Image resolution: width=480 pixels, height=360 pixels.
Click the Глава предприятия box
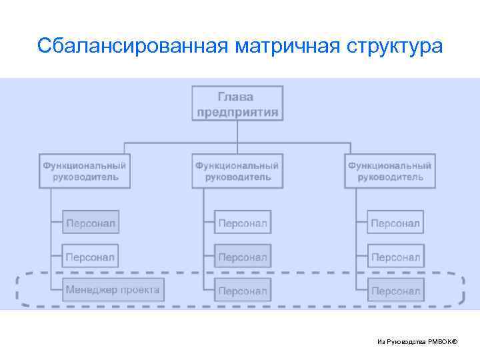tap(237, 103)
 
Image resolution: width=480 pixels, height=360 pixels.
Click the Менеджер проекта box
tap(113, 290)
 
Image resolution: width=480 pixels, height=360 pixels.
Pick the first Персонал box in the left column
tap(90, 223)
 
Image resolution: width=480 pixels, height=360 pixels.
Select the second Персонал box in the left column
tap(90, 257)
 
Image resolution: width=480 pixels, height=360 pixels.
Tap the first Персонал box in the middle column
tap(243, 223)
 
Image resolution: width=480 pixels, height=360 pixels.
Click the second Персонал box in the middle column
tap(243, 257)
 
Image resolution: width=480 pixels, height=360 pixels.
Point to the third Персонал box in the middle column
tap(243, 291)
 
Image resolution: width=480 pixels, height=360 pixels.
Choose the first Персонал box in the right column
tap(395, 223)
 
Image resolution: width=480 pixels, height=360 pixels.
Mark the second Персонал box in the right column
tap(395, 257)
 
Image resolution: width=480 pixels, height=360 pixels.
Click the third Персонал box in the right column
tap(395, 291)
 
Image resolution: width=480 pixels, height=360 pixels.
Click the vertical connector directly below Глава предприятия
tap(237, 131)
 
